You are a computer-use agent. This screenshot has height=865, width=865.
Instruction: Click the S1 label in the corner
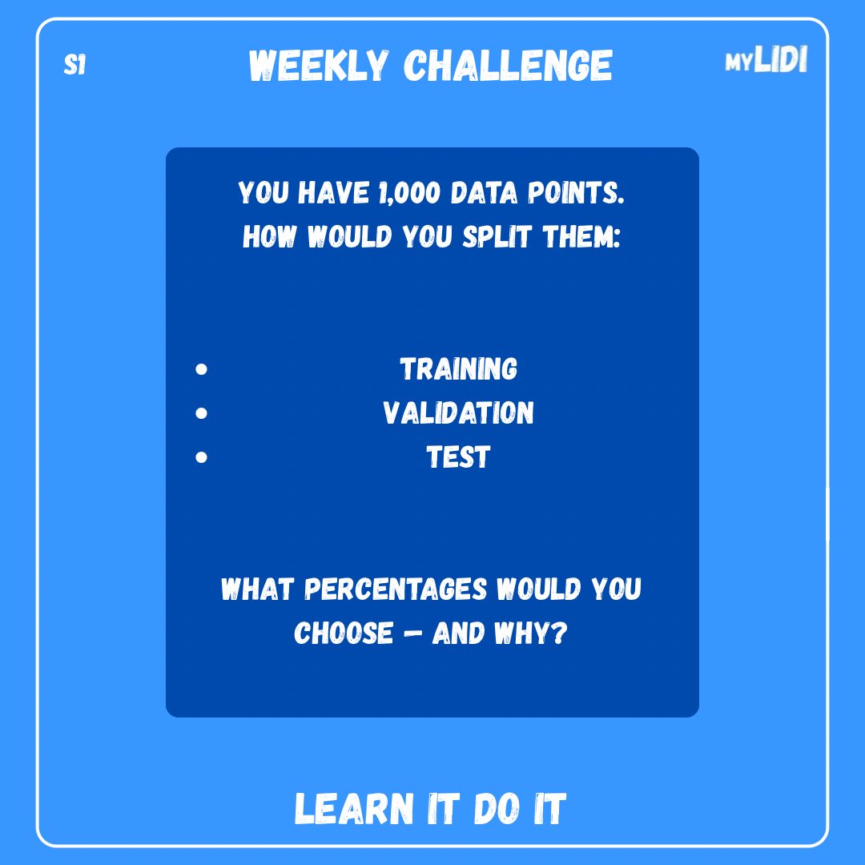coord(74,65)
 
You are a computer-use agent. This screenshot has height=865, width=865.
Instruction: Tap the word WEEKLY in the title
coord(318,66)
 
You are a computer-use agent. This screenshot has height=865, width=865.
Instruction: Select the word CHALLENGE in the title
coord(508,66)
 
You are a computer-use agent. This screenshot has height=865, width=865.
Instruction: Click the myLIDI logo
coord(766,59)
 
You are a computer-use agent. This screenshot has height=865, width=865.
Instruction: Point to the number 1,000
coord(408,193)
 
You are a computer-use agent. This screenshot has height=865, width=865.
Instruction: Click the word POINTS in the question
coord(576,193)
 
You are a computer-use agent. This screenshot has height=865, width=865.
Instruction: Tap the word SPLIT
coord(497,236)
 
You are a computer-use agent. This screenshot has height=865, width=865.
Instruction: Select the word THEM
coord(581,236)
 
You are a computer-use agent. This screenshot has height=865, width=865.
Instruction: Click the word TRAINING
coord(458,369)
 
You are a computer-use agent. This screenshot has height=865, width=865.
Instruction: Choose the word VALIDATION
coord(458,413)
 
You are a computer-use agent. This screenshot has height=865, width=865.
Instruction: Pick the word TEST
coord(458,457)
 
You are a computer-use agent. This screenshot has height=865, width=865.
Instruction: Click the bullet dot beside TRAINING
coord(201,369)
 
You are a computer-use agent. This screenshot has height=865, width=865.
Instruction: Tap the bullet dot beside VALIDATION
coord(201,413)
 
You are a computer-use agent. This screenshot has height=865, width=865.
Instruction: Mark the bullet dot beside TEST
coord(201,457)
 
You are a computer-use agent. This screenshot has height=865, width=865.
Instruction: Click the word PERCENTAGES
coord(396,589)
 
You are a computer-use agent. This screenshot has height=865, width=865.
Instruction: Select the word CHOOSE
coord(343,634)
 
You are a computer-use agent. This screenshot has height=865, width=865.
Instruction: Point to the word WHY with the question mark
coord(530,634)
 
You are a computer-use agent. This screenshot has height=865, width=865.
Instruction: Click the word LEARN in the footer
coord(354,809)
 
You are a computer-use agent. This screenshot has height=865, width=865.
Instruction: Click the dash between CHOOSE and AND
coord(412,634)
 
